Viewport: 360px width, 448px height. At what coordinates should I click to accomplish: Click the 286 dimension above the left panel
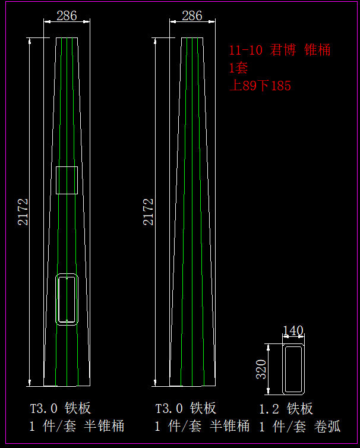pos(67,15)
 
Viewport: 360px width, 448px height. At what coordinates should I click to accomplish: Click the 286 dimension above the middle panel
pos(192,15)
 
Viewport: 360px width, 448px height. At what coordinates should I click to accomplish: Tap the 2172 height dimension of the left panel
pos(23,212)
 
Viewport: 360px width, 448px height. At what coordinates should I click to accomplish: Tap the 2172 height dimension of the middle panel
pos(149,212)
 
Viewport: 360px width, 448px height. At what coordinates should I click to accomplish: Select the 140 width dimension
pos(293,331)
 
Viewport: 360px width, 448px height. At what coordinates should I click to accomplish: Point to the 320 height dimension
pos(261,369)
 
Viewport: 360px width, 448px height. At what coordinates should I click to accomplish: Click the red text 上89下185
pos(260,86)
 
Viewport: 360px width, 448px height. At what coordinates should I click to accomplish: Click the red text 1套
pos(238,68)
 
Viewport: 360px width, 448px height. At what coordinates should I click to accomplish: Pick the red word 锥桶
pos(317,50)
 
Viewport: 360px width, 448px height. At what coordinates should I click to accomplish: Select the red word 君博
pos(283,50)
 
